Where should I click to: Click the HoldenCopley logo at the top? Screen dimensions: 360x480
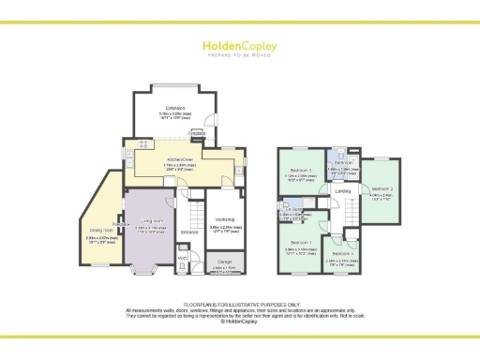(240, 48)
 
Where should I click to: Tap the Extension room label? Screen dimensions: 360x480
(171, 109)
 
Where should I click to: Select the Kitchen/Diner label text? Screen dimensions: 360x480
(180, 160)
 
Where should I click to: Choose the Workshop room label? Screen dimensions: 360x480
(220, 221)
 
